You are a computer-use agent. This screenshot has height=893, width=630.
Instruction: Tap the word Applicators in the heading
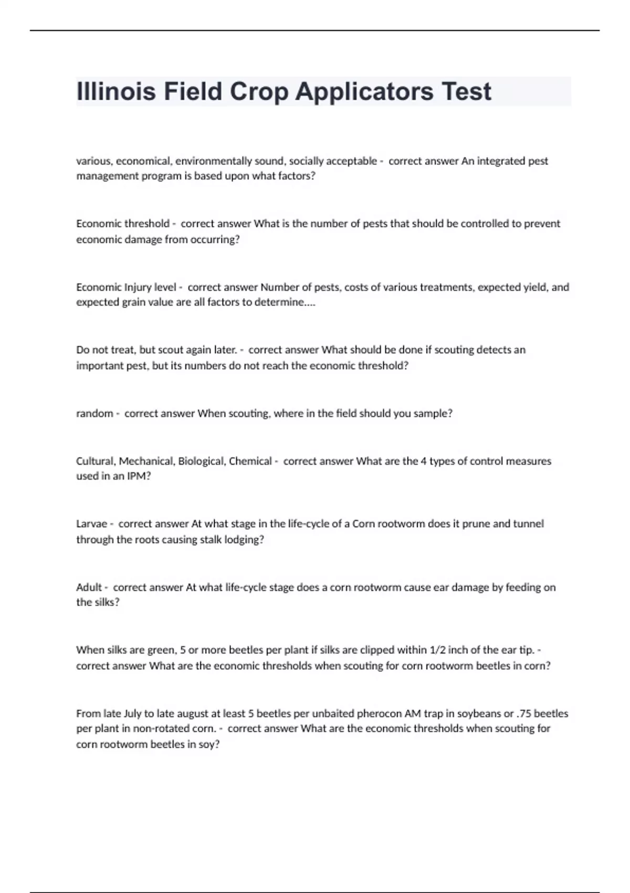(x=364, y=92)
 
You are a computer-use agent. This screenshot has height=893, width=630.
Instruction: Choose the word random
(x=94, y=413)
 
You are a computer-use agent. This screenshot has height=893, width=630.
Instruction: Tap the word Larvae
(x=91, y=524)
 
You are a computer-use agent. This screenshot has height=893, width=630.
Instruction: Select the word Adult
(x=89, y=587)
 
